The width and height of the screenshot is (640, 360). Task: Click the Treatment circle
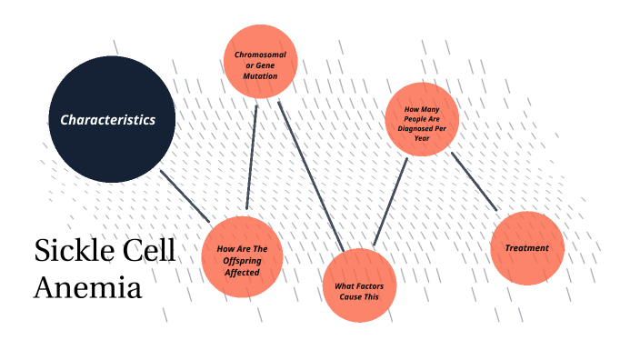pos(526,247)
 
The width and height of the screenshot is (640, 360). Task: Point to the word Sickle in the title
pos(72,251)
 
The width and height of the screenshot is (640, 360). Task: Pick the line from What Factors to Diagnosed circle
pos(389,201)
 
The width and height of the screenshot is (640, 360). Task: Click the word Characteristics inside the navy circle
pos(107,119)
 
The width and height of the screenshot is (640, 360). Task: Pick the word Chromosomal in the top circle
pos(260,55)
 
